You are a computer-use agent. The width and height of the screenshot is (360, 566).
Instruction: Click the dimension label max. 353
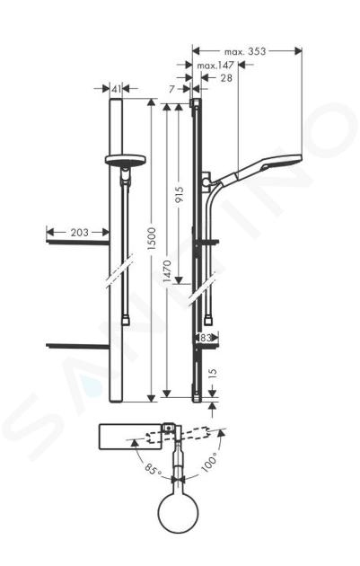pos(245,51)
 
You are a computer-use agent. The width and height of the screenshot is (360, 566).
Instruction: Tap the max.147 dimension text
pos(215,66)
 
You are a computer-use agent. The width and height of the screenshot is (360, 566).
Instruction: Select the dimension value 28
pos(226,77)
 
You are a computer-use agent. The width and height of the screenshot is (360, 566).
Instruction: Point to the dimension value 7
pos(171,88)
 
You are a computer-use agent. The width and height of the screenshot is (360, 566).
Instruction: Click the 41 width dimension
pos(116,89)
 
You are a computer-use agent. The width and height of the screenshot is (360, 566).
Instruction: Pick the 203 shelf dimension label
pos(79,233)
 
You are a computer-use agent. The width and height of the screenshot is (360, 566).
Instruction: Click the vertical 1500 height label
pos(152,239)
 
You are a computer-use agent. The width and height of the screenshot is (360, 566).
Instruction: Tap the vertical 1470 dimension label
pos(167,271)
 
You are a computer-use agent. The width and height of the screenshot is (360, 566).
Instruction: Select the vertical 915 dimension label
pos(180,195)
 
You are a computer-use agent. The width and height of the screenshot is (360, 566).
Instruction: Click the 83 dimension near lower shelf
pos(206,338)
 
